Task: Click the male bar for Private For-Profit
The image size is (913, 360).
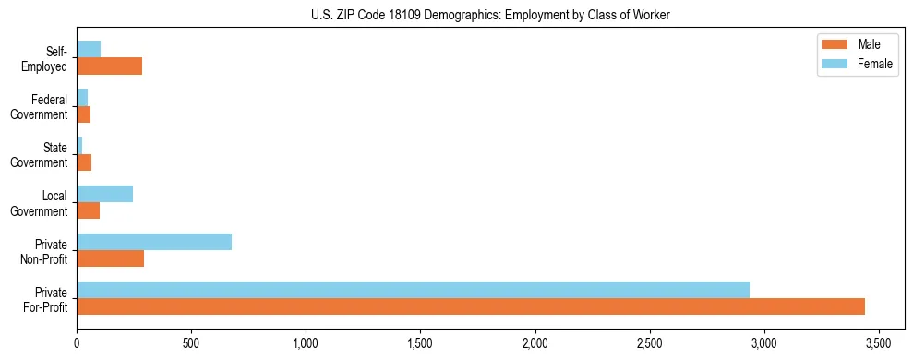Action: point(471,306)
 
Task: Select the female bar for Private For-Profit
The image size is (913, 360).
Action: point(413,290)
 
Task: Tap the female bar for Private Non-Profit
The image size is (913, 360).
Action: point(154,242)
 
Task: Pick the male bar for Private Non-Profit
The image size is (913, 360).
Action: point(110,258)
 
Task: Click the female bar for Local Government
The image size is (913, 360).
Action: point(104,194)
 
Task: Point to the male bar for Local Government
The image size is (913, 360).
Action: point(88,210)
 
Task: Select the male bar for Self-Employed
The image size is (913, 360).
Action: point(109,66)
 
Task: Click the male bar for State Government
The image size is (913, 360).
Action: point(84,162)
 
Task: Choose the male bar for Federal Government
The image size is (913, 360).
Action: point(83,114)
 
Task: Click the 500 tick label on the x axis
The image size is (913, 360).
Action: point(191,342)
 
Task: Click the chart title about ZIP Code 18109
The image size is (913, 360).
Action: point(491,14)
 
